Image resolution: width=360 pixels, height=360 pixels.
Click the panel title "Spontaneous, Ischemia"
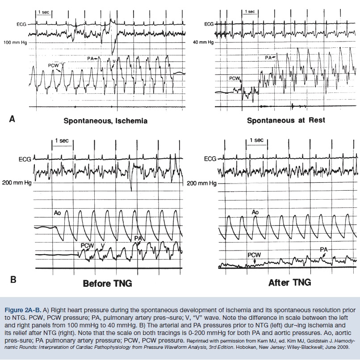tap(105, 121)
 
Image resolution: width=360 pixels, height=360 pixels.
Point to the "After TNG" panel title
tap(289, 282)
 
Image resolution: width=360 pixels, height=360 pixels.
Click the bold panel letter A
tap(13, 119)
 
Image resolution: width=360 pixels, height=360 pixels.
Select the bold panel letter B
tap(13, 280)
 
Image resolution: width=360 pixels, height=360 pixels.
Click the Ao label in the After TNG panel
tap(255, 212)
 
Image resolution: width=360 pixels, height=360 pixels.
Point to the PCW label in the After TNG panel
tap(254, 255)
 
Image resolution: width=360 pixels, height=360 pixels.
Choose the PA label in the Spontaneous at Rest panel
tap(268, 58)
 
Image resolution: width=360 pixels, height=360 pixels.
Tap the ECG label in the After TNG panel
tap(209, 159)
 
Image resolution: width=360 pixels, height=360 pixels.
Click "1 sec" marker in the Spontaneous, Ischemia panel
tap(43, 12)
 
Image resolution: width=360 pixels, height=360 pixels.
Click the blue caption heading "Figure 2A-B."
tap(27, 309)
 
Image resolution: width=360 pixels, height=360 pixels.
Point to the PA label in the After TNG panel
tap(323, 249)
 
